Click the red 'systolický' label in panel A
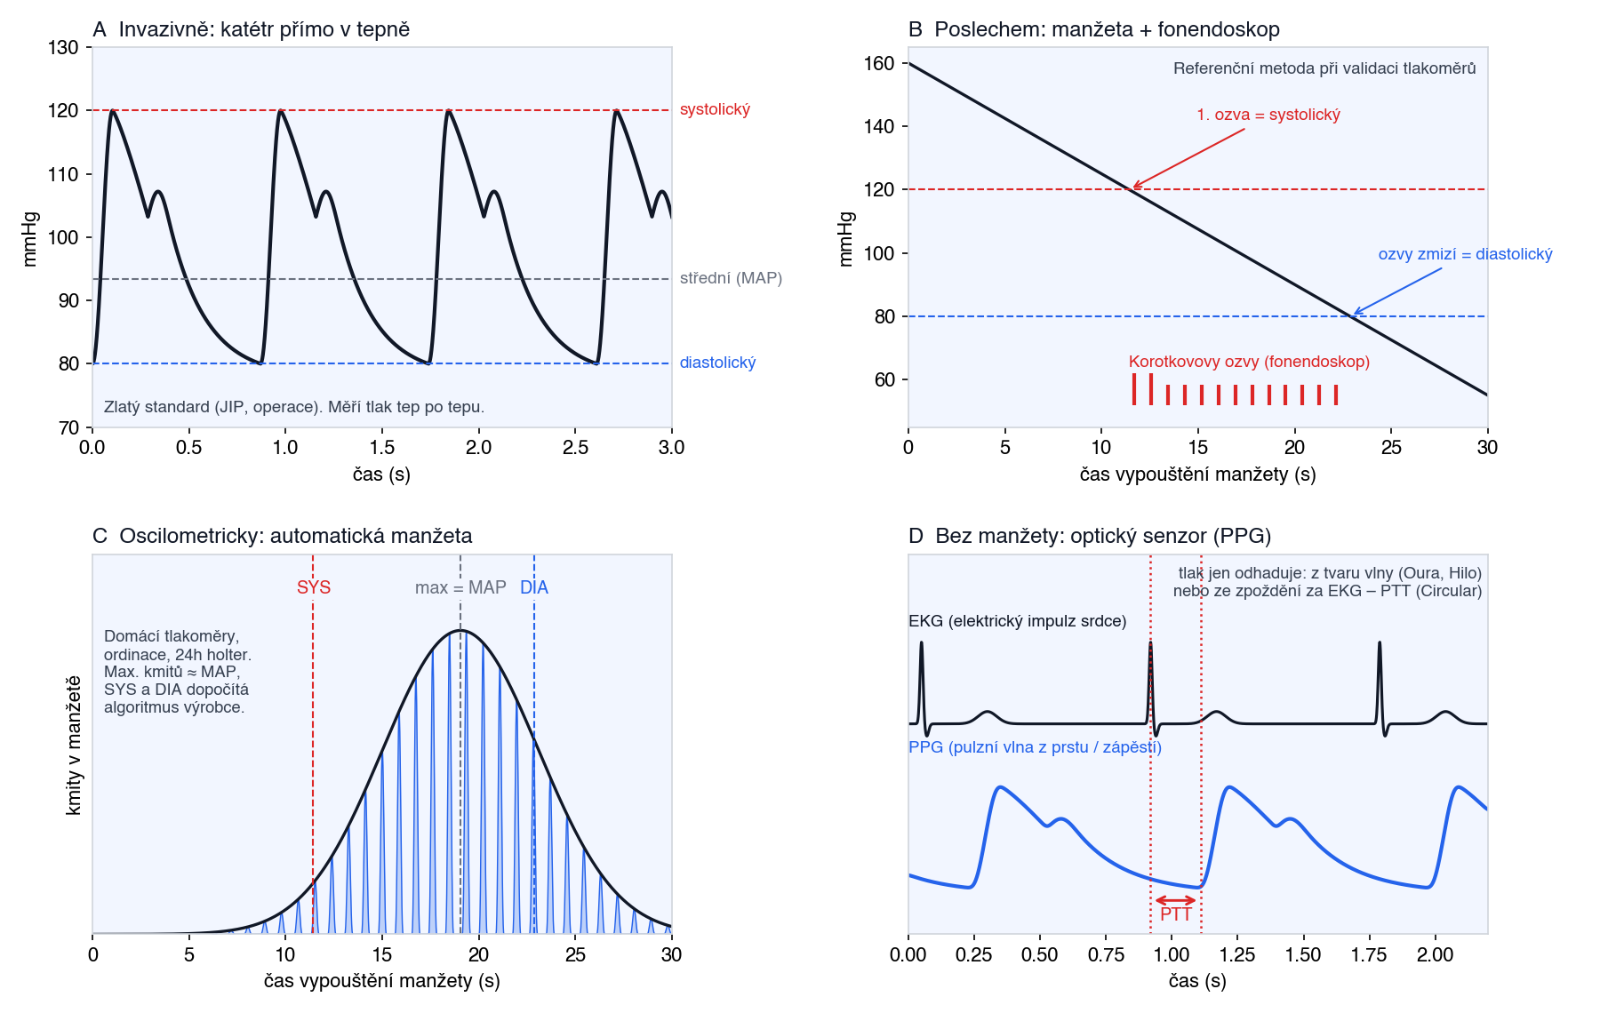pyautogui.click(x=715, y=110)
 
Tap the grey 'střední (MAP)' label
pyautogui.click(x=731, y=279)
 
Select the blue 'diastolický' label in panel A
pyautogui.click(x=717, y=363)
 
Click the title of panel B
pyautogui.click(x=1094, y=29)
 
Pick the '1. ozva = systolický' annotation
pyautogui.click(x=1268, y=115)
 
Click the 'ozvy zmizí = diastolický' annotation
pyautogui.click(x=1466, y=254)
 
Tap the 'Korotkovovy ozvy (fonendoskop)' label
pyautogui.click(x=1249, y=362)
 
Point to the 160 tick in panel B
pyautogui.click(x=879, y=63)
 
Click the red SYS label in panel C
pyautogui.click(x=314, y=587)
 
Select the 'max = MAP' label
pyautogui.click(x=460, y=587)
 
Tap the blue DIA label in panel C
pyautogui.click(x=534, y=587)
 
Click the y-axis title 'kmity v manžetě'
pyautogui.click(x=74, y=745)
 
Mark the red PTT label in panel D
pyautogui.click(x=1176, y=914)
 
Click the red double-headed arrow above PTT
pyautogui.click(x=1176, y=901)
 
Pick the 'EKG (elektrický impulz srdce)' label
pyautogui.click(x=1018, y=621)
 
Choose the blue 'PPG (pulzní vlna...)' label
pyautogui.click(x=1035, y=747)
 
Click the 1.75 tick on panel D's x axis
pyautogui.click(x=1369, y=954)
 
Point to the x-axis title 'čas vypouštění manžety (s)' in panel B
pyautogui.click(x=1197, y=475)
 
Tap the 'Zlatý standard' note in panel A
pyautogui.click(x=294, y=407)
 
